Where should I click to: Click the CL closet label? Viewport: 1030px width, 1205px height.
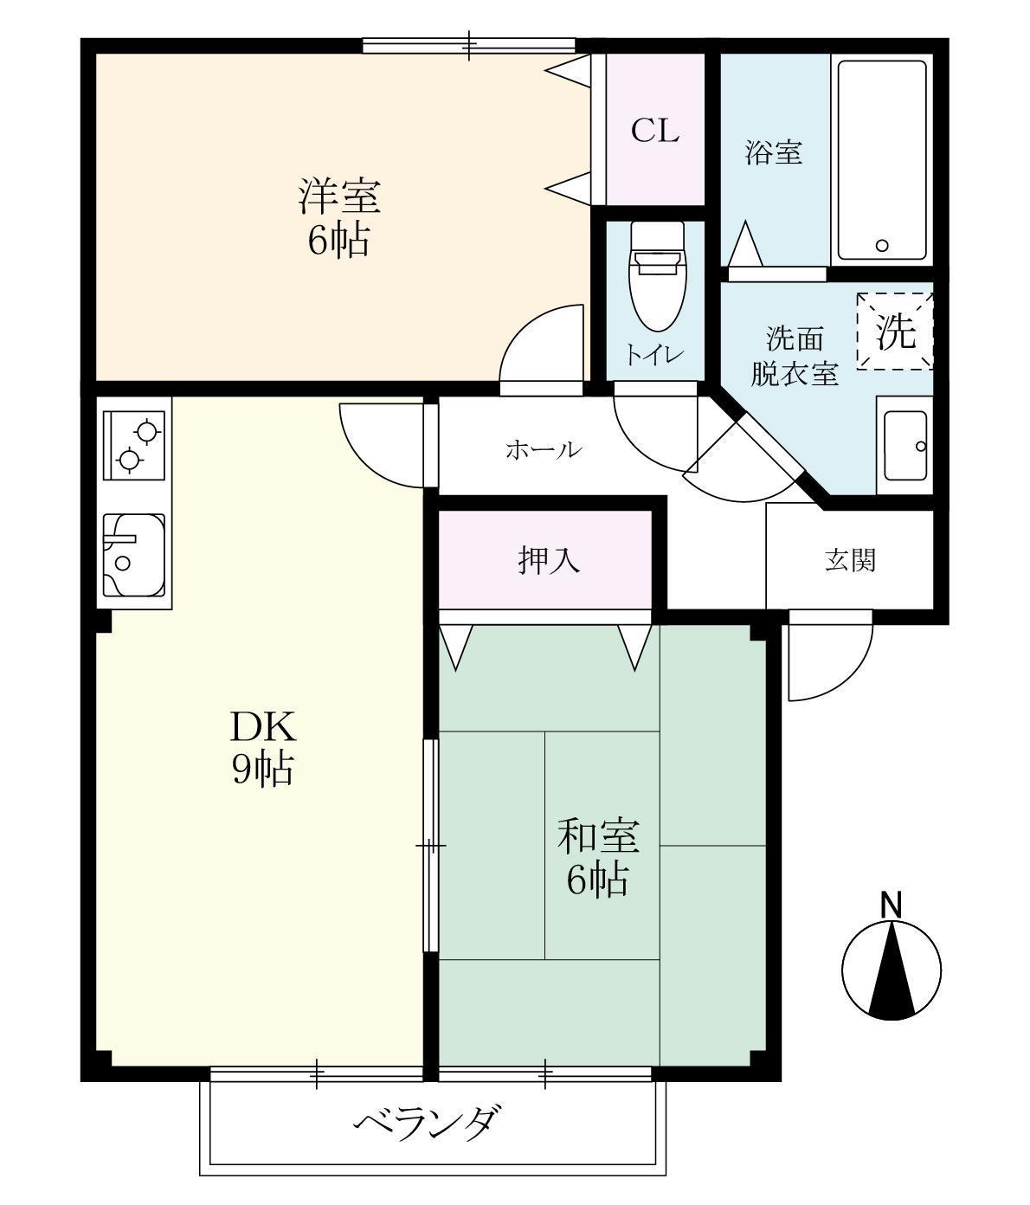[654, 131]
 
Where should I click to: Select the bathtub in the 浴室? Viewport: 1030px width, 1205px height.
[882, 161]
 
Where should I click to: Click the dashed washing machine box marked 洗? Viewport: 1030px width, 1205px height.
[895, 332]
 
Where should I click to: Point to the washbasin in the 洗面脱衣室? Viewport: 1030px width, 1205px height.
[904, 446]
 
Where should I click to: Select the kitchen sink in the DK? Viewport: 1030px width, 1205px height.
[134, 554]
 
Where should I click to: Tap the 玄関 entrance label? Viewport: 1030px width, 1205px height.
[849, 560]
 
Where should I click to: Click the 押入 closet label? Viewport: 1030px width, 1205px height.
[549, 560]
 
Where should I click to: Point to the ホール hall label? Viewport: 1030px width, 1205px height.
[543, 450]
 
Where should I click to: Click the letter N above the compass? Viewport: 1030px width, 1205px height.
[891, 905]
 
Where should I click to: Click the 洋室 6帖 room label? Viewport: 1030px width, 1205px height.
[338, 217]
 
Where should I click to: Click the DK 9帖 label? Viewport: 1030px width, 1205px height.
[262, 747]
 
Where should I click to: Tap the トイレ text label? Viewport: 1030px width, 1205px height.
[655, 356]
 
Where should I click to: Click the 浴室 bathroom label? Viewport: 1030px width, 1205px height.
[774, 153]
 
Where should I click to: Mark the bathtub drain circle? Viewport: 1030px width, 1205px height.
[881, 245]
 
